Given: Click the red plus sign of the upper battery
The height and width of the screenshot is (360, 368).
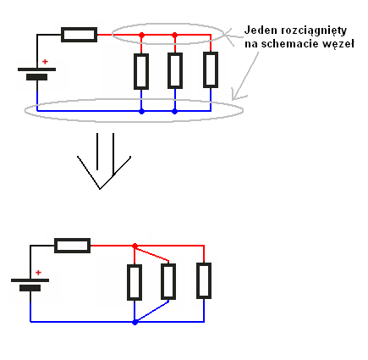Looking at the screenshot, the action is [45, 62].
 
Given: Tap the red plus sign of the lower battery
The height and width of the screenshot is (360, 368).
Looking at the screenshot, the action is [38, 273].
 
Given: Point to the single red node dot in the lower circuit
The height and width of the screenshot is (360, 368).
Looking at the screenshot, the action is [135, 246].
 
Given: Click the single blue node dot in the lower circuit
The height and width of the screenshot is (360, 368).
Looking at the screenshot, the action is [135, 322].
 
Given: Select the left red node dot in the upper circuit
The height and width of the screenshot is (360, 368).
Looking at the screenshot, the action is [142, 35].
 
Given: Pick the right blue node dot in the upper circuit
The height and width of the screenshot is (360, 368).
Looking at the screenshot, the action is [175, 112].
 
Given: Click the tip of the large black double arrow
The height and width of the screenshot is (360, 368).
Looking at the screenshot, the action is [100, 189].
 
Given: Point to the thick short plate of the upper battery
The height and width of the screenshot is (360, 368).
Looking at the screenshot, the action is [36, 77].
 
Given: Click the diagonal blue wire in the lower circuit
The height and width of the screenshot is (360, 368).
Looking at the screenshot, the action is [152, 312].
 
